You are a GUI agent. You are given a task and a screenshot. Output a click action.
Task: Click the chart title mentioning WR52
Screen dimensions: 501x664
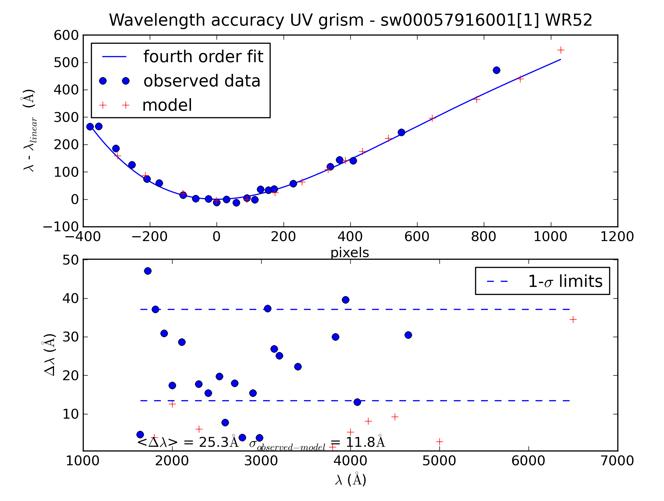[350, 20]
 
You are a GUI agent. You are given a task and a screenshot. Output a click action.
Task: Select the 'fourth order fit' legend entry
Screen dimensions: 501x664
[203, 57]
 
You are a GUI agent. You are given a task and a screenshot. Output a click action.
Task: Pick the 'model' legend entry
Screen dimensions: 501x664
[167, 105]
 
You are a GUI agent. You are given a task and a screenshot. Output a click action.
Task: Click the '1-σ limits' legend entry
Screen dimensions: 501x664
[565, 281]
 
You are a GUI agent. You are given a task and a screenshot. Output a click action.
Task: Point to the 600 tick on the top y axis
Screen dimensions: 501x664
[66, 35]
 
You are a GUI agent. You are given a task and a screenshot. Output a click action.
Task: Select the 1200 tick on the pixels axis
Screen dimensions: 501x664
[617, 237]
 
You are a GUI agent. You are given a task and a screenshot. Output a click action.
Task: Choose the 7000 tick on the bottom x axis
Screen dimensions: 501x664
[617, 461]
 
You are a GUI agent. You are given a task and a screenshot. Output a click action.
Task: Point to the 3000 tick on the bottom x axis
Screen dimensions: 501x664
[261, 461]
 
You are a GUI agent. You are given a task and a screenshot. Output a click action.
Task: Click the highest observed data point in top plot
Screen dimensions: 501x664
[496, 70]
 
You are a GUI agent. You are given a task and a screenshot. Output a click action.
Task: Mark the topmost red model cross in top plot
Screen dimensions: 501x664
[560, 50]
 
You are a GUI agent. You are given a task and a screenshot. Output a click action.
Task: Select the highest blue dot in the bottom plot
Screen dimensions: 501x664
[148, 271]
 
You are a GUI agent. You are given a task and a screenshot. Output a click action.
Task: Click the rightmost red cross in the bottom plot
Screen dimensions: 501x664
[573, 319]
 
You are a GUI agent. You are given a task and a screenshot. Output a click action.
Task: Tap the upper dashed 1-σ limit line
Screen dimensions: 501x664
[354, 309]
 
